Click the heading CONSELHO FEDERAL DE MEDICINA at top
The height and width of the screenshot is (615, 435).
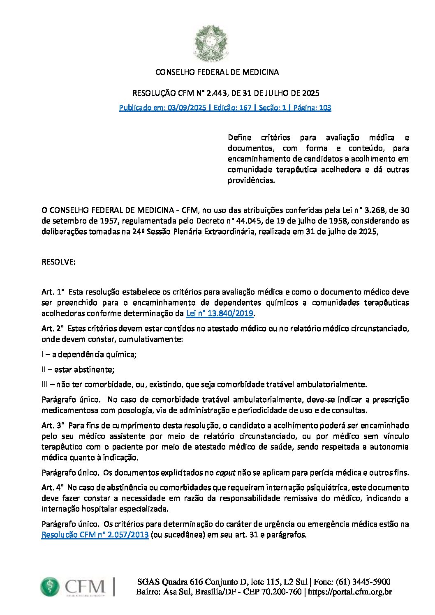(x=217, y=72)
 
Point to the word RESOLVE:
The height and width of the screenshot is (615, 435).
(x=58, y=262)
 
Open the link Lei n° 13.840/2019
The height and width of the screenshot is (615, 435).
(x=220, y=314)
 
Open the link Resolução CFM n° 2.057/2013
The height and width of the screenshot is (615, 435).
(x=95, y=535)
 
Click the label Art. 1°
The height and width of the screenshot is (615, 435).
(x=53, y=293)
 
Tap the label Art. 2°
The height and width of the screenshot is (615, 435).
(x=53, y=329)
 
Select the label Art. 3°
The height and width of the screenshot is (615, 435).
(x=53, y=426)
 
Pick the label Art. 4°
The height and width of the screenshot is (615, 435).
(x=53, y=488)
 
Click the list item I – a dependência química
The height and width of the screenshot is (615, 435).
(x=89, y=355)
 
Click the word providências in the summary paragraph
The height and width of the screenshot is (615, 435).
(x=251, y=180)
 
